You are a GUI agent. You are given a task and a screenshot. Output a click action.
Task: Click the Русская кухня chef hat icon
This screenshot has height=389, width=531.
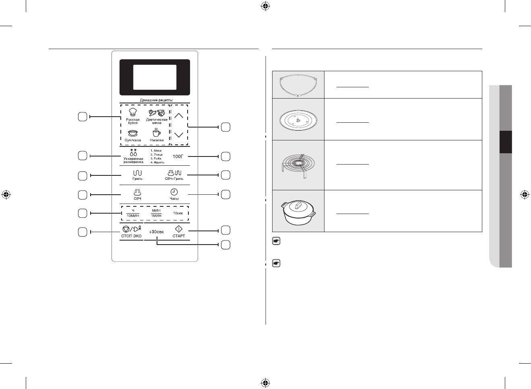tap(132, 112)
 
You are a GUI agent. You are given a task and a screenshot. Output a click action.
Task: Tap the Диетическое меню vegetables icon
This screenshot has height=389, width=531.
tap(157, 113)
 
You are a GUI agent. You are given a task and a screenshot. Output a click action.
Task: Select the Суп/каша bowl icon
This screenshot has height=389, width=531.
tap(132, 133)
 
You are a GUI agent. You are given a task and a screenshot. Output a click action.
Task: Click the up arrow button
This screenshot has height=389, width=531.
tap(179, 115)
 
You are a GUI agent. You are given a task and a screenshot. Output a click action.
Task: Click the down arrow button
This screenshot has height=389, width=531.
tap(179, 135)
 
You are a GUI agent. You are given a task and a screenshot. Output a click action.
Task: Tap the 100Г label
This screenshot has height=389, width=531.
tap(178, 156)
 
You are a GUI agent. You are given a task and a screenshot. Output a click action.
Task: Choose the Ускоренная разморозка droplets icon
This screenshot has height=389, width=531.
tap(133, 152)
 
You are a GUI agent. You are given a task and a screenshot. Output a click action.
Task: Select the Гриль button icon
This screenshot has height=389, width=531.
tap(137, 173)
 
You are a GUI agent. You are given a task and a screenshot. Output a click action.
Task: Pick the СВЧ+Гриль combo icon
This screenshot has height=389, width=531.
tap(174, 173)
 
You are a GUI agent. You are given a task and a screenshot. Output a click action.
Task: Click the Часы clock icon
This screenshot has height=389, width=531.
tap(174, 192)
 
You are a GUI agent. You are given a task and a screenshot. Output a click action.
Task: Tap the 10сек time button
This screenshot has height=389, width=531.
tap(178, 213)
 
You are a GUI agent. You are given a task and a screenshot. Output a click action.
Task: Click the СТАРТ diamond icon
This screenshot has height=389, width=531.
tap(179, 229)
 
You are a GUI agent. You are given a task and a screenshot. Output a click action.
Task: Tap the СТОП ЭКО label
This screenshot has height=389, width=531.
tap(131, 236)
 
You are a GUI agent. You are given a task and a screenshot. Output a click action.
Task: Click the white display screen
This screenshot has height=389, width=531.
tap(155, 77)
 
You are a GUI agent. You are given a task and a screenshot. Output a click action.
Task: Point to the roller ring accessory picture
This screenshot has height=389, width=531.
tap(298, 85)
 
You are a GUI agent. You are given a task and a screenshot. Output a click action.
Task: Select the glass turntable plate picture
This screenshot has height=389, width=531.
tap(298, 120)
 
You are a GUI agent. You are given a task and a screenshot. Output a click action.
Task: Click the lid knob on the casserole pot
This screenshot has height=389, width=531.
tap(298, 206)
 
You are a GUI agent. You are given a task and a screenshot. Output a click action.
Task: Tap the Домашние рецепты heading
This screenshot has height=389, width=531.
tap(156, 100)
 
